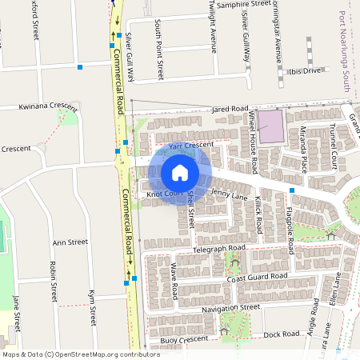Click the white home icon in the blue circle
tap(180, 173)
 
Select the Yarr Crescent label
tap(191, 145)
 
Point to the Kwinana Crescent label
tap(37, 106)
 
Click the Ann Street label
tap(70, 242)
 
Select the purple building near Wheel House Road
tap(271, 126)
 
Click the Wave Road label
tap(174, 281)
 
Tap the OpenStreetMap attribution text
tap(81, 354)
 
